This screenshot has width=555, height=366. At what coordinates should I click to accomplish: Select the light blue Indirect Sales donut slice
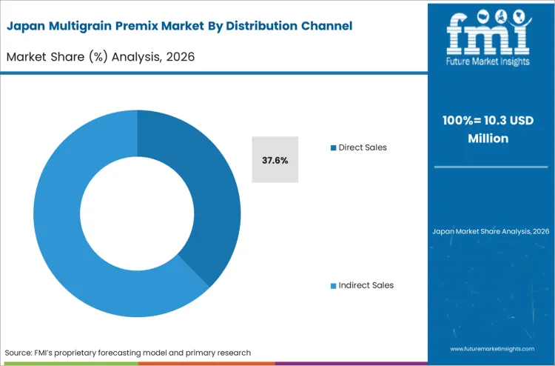point(67,222)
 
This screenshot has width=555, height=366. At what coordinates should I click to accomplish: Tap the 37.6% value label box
point(275,160)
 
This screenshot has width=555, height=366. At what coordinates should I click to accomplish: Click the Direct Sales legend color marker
point(334,147)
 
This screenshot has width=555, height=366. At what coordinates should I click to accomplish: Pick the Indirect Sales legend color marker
point(334,285)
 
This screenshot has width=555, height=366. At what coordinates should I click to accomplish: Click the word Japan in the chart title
point(24,26)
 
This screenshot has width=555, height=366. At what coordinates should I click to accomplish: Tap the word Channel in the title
point(325,26)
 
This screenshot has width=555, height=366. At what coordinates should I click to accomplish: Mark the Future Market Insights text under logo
point(491,62)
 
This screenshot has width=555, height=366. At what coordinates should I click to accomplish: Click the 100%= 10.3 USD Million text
point(491,130)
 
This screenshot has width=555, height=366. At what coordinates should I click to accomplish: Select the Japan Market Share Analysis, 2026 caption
point(491,231)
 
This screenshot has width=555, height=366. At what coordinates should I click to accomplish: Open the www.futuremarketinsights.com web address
point(491,347)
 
